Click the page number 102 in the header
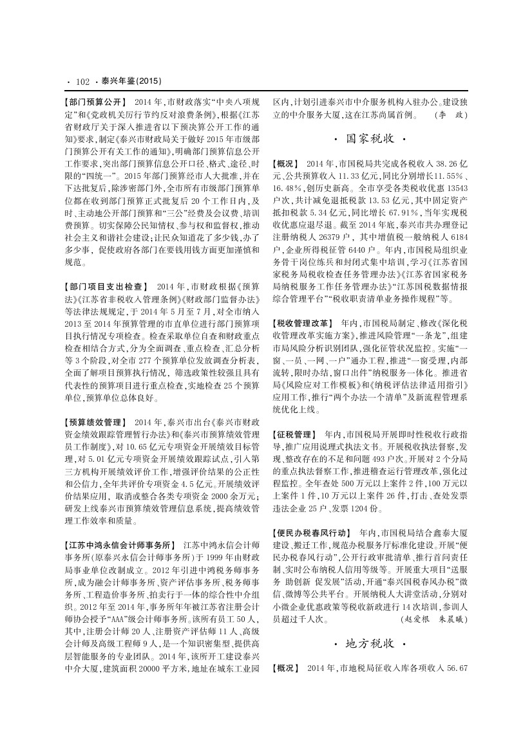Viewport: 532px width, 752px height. (82, 82)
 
